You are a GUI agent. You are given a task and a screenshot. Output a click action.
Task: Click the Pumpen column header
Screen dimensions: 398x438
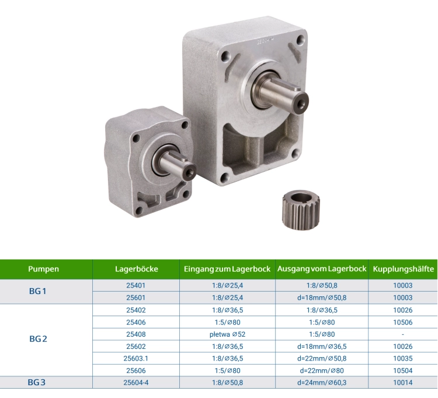tap(43, 269)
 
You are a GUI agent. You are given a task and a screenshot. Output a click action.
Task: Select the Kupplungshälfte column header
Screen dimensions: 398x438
tap(403, 269)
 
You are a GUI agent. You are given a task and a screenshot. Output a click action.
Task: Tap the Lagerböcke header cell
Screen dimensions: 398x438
tap(136, 269)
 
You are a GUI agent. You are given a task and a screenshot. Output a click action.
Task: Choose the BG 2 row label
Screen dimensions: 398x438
tap(37, 339)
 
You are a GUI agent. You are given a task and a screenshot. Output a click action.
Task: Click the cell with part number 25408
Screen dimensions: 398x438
tap(135, 334)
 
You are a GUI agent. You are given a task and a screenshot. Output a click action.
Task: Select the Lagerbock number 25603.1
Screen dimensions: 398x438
tap(135, 358)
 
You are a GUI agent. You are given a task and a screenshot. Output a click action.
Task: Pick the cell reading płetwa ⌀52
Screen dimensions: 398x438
tap(227, 334)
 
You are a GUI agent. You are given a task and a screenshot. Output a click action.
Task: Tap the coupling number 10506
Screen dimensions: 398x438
tap(403, 321)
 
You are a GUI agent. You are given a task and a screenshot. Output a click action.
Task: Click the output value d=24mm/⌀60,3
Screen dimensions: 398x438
tap(322, 382)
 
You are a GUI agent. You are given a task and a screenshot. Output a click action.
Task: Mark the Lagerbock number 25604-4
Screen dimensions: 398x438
tap(135, 382)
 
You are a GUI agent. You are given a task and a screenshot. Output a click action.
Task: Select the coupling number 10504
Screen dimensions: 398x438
tap(403, 371)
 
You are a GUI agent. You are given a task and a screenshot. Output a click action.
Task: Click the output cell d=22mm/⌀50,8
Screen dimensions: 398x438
tap(322, 358)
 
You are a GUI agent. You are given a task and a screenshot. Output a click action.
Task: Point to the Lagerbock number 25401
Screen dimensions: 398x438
tap(135, 285)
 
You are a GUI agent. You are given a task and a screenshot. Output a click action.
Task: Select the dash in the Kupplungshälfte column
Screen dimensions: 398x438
tap(403, 334)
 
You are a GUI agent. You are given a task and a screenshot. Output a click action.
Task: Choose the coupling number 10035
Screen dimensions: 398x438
tap(403, 358)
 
